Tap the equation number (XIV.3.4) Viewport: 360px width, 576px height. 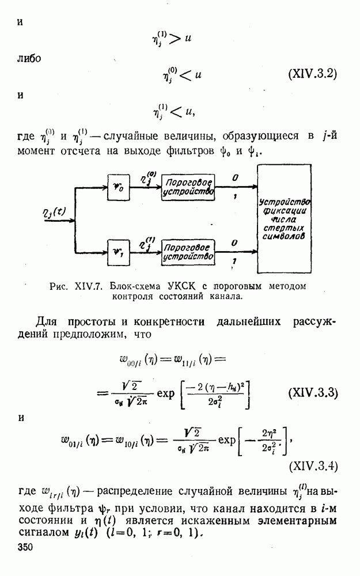tap(312, 462)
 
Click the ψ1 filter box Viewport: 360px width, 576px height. tap(120, 250)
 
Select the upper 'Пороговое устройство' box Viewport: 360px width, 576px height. tap(188, 187)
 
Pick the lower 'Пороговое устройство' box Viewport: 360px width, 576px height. tap(188, 251)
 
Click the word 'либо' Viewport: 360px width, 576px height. tap(30, 58)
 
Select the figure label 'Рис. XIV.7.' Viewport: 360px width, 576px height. tap(85, 286)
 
